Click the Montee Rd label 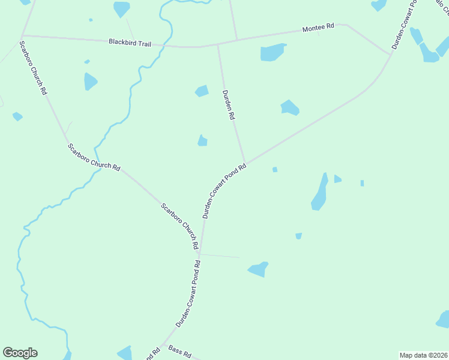(x=318, y=28)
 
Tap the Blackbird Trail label (x=130, y=43)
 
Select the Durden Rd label (x=228, y=106)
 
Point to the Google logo (x=20, y=353)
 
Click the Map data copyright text (x=423, y=355)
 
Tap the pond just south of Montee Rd (x=273, y=52)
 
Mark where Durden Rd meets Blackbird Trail (x=218, y=45)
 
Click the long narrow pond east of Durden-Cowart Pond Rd (x=319, y=193)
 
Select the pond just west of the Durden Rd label (x=202, y=91)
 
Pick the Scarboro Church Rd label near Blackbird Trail (x=33, y=68)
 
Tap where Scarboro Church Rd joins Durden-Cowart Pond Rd (x=200, y=253)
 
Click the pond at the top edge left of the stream (x=121, y=8)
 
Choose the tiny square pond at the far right (x=362, y=183)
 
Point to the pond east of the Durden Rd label (x=289, y=107)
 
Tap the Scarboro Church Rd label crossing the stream (x=93, y=158)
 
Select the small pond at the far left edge (x=17, y=116)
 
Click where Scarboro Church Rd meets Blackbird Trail (x=22, y=35)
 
